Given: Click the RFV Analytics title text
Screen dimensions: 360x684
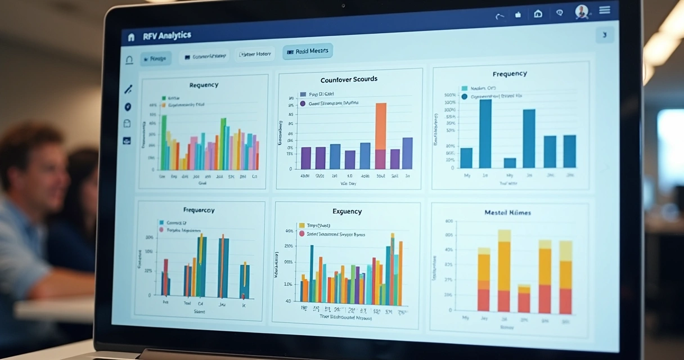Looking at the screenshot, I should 167,36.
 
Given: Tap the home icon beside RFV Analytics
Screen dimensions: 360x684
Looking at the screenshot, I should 131,37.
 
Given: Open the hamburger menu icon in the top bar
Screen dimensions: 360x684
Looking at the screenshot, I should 605,10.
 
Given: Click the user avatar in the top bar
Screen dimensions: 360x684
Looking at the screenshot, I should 581,12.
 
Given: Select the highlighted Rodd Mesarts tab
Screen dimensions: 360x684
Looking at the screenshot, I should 308,52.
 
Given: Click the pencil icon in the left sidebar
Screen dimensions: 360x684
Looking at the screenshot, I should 128,89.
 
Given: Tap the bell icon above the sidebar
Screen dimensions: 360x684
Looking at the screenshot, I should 129,60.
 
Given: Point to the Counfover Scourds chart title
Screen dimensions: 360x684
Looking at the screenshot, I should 349,79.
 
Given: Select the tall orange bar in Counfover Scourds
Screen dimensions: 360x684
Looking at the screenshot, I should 381,127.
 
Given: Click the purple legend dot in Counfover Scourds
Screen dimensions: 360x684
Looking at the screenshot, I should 303,103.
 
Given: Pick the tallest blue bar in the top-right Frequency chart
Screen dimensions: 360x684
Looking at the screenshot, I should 485,133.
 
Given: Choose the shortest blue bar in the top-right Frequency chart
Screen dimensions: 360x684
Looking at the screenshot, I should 510,163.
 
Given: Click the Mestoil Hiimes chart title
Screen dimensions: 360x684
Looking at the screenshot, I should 507,213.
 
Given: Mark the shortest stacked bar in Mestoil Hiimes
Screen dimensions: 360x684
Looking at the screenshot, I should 524,299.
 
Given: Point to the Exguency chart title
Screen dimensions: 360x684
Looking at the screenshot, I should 346,211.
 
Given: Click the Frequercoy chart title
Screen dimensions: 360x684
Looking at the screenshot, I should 199,210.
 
